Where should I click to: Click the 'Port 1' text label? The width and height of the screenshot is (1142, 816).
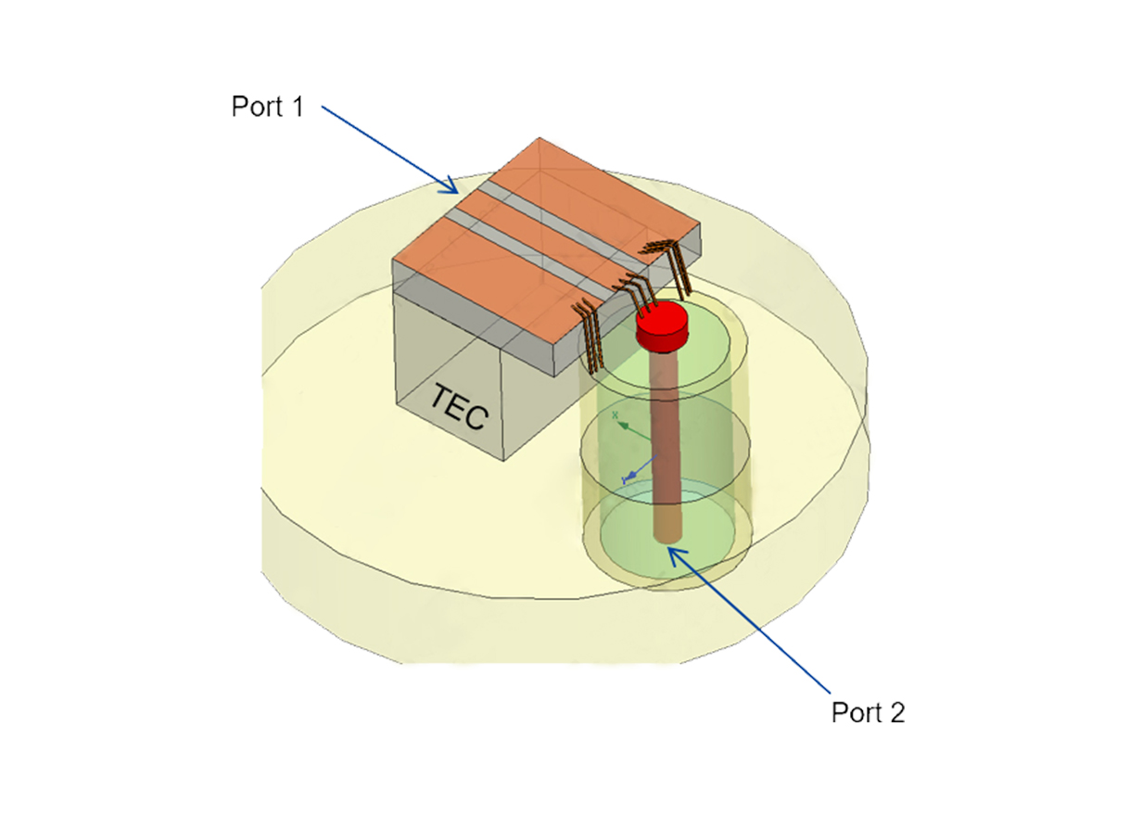click(267, 107)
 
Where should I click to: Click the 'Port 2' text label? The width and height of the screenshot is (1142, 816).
click(868, 712)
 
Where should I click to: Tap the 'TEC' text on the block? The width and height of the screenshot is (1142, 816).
click(457, 408)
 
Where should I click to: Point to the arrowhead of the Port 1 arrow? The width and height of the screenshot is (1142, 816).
click(454, 190)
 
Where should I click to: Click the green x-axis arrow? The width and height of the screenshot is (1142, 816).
click(631, 427)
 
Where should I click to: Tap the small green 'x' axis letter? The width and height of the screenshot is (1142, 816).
click(615, 414)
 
